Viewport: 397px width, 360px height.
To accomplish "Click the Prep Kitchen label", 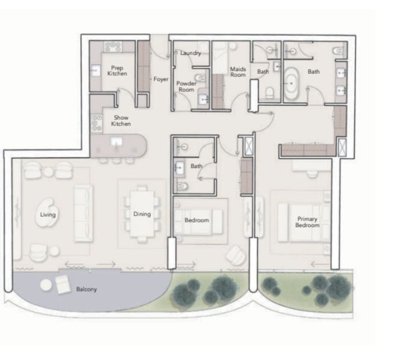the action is tap(117, 71).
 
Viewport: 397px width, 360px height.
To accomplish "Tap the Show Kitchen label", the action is tap(121, 120).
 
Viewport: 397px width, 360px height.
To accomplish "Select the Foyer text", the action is tap(161, 79).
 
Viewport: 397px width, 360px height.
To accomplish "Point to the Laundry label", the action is tap(191, 53).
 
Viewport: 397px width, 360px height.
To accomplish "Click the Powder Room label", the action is tap(187, 87).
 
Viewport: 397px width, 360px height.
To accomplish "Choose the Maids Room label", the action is tap(238, 72).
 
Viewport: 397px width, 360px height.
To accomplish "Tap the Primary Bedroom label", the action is tap(307, 222).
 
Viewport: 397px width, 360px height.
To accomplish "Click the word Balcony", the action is tap(87, 289).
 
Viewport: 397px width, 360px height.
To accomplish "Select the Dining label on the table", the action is tap(142, 214).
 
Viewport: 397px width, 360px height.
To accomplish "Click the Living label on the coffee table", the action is tap(48, 215).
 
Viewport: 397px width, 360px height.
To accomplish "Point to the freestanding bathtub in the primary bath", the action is tap(291, 84).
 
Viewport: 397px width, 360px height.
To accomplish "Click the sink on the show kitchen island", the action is tap(117, 142).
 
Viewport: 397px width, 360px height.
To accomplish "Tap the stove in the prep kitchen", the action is tap(112, 47).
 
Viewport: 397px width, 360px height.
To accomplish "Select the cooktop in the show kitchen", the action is tap(97, 123).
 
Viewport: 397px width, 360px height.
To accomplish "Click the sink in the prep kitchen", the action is tap(95, 71).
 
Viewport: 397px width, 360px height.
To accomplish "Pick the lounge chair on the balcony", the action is tap(63, 284).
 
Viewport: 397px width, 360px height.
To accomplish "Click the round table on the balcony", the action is tap(46, 284).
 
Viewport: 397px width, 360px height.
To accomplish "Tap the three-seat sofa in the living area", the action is tap(83, 213).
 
